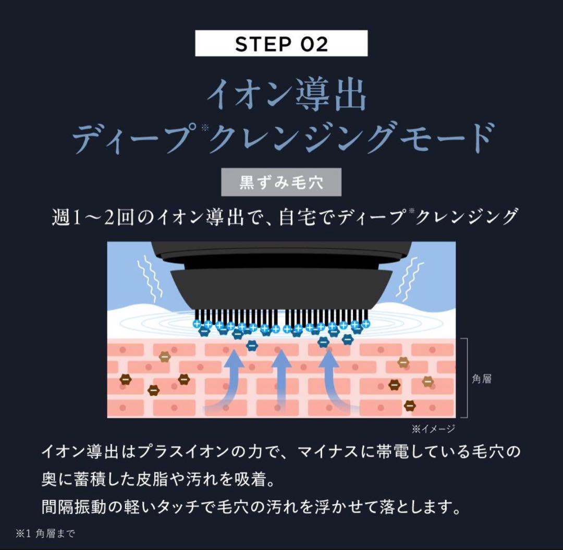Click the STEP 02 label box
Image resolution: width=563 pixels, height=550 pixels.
[281, 43]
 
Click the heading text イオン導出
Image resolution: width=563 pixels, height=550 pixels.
[286, 94]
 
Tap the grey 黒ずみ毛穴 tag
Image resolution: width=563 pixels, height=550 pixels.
[281, 182]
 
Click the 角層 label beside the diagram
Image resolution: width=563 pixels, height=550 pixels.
[481, 379]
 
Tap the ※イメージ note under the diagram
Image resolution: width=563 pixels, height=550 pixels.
[433, 429]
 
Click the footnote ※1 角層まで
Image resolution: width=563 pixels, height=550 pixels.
[46, 533]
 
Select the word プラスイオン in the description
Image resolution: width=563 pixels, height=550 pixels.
[185, 451]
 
